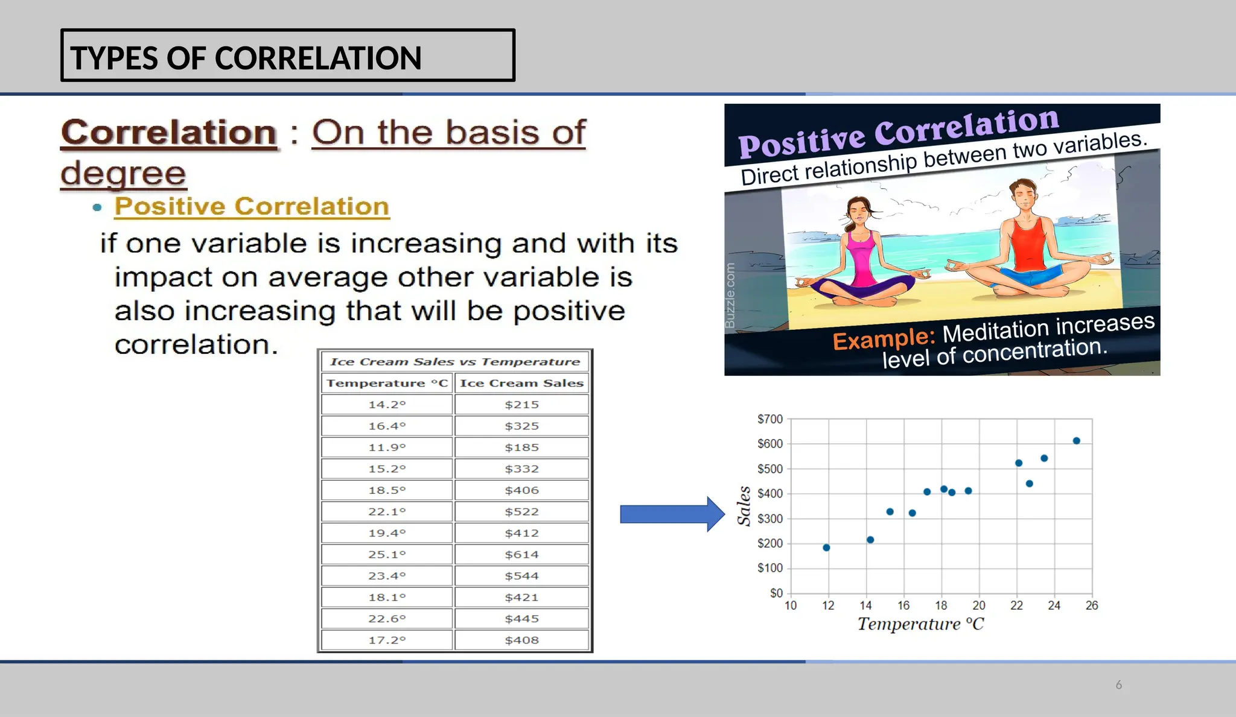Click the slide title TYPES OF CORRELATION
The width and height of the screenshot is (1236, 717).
coord(246,58)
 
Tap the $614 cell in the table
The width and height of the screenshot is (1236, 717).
coord(522,554)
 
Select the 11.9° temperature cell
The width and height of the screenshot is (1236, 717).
coord(387,447)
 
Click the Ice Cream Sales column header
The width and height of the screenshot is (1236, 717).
coord(522,383)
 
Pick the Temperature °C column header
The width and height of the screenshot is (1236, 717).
coord(387,383)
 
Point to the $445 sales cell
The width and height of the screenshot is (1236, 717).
coord(522,619)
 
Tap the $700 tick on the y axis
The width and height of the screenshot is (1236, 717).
coord(770,419)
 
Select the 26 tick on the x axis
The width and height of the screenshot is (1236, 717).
coord(1092,605)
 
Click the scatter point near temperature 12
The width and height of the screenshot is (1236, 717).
coord(826,548)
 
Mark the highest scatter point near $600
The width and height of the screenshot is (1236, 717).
coord(1076,441)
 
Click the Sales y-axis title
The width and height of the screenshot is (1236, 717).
coord(744,507)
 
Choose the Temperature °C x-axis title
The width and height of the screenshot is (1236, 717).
coord(920,624)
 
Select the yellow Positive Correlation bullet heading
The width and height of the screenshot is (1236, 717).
coord(252,206)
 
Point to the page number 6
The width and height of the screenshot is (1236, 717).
coord(1118,685)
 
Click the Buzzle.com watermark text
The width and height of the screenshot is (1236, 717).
coord(730,295)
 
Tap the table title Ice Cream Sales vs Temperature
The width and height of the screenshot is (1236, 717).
coord(455,362)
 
